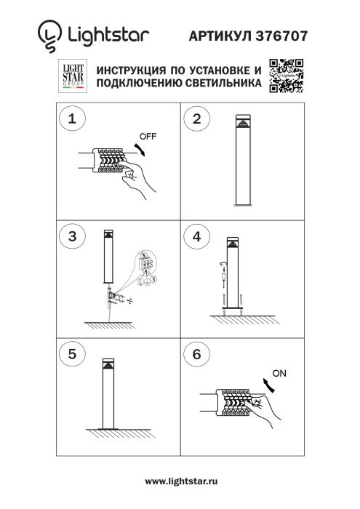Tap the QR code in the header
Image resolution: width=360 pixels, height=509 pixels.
(x=286, y=76)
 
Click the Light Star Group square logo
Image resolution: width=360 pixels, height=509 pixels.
(x=73, y=76)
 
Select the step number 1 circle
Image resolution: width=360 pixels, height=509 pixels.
(x=71, y=120)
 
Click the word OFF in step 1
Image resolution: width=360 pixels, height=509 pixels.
(x=148, y=136)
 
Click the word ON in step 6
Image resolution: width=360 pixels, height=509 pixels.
(x=279, y=374)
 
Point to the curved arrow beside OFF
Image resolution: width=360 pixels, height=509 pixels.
(x=142, y=148)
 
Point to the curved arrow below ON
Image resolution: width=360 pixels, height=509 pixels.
(x=270, y=387)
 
